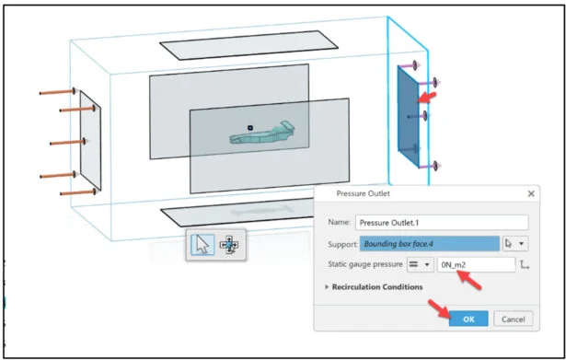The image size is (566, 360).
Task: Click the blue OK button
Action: [x=468, y=319]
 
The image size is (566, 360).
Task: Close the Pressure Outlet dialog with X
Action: [x=531, y=194]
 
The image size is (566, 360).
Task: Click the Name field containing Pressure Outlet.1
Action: [x=442, y=223]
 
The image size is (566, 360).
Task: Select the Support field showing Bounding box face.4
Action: [x=430, y=244]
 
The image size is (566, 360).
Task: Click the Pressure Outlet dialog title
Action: [x=363, y=193]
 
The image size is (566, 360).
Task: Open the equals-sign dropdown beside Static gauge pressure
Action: [x=421, y=264]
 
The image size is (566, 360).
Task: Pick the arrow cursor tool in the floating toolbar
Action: [x=202, y=245]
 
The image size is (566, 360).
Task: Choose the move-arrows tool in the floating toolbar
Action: [x=229, y=245]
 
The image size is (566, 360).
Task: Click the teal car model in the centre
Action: [x=262, y=133]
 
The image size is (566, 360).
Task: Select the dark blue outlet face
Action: [x=409, y=116]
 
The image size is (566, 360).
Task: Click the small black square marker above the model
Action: [x=249, y=127]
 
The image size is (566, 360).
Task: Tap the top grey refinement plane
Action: [x=248, y=45]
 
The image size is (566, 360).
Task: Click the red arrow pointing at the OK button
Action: [x=439, y=309]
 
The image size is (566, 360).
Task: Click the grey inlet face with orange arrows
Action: [x=90, y=141]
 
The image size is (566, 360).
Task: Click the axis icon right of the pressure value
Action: [x=525, y=265]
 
